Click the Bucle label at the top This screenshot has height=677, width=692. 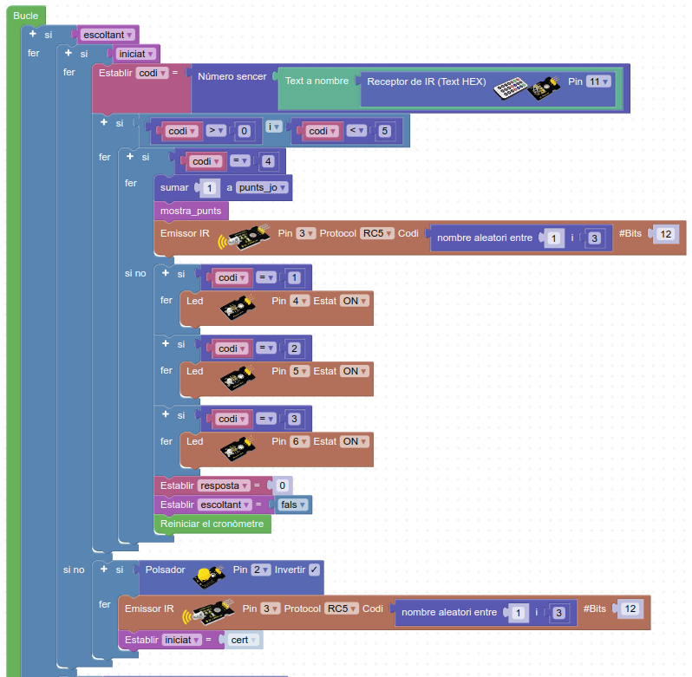tap(26, 16)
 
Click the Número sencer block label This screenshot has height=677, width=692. tap(232, 76)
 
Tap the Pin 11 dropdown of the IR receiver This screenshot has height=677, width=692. tap(599, 81)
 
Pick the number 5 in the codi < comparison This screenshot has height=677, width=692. tap(384, 131)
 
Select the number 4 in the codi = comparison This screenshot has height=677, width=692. tap(269, 161)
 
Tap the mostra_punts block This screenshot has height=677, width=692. tap(191, 210)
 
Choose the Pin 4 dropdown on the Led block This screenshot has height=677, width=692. tap(299, 300)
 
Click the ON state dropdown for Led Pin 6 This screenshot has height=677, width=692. tap(355, 441)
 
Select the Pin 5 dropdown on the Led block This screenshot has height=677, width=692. tap(299, 371)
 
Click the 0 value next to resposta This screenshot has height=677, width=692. tap(282, 485)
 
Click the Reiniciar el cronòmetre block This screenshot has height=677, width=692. tap(212, 524)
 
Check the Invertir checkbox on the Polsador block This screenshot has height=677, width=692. tap(314, 570)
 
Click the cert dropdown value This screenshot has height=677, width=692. tap(244, 640)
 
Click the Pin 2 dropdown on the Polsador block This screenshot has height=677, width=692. tap(261, 570)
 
